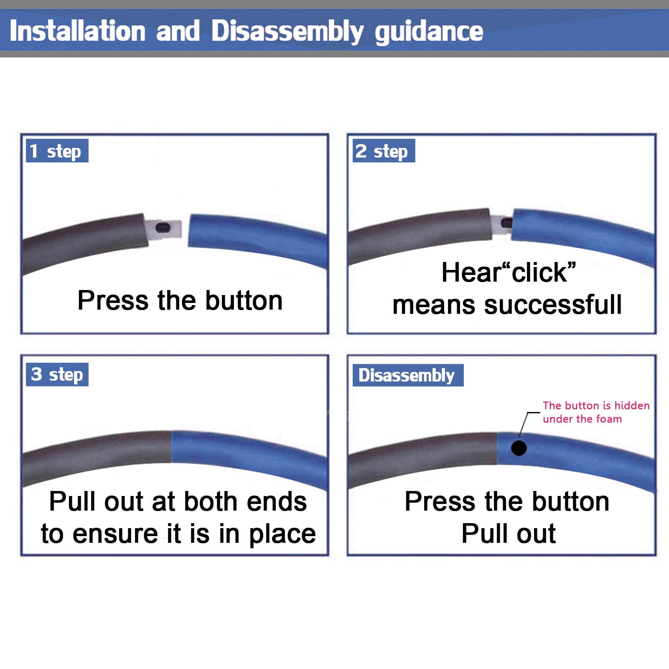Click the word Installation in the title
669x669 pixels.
78,31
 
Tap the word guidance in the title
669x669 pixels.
429,32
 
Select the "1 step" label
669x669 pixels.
57,151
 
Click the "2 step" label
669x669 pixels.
384,151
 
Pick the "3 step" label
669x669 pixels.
57,374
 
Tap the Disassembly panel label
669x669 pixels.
408,375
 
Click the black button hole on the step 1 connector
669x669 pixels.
163,228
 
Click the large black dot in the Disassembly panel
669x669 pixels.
519,448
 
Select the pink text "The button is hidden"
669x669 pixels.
596,405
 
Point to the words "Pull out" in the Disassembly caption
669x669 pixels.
509,534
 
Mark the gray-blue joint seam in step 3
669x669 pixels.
171,447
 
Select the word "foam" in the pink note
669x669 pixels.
609,419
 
